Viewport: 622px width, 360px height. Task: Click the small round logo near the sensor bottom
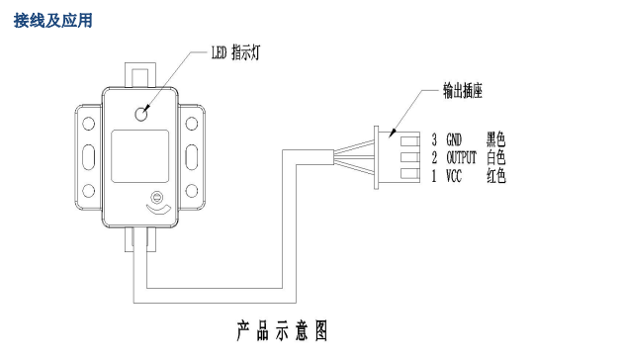pos(153,195)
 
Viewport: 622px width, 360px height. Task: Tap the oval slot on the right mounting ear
pos(199,157)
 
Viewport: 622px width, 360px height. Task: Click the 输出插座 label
pos(462,89)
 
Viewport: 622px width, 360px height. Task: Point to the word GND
pos(454,139)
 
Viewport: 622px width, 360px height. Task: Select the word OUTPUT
pos(461,157)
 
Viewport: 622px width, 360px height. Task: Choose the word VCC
pos(454,175)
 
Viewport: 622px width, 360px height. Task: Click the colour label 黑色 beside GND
pos(495,139)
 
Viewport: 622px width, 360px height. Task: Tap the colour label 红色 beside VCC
pos(495,175)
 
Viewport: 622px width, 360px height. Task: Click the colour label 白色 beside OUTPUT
pos(495,157)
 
